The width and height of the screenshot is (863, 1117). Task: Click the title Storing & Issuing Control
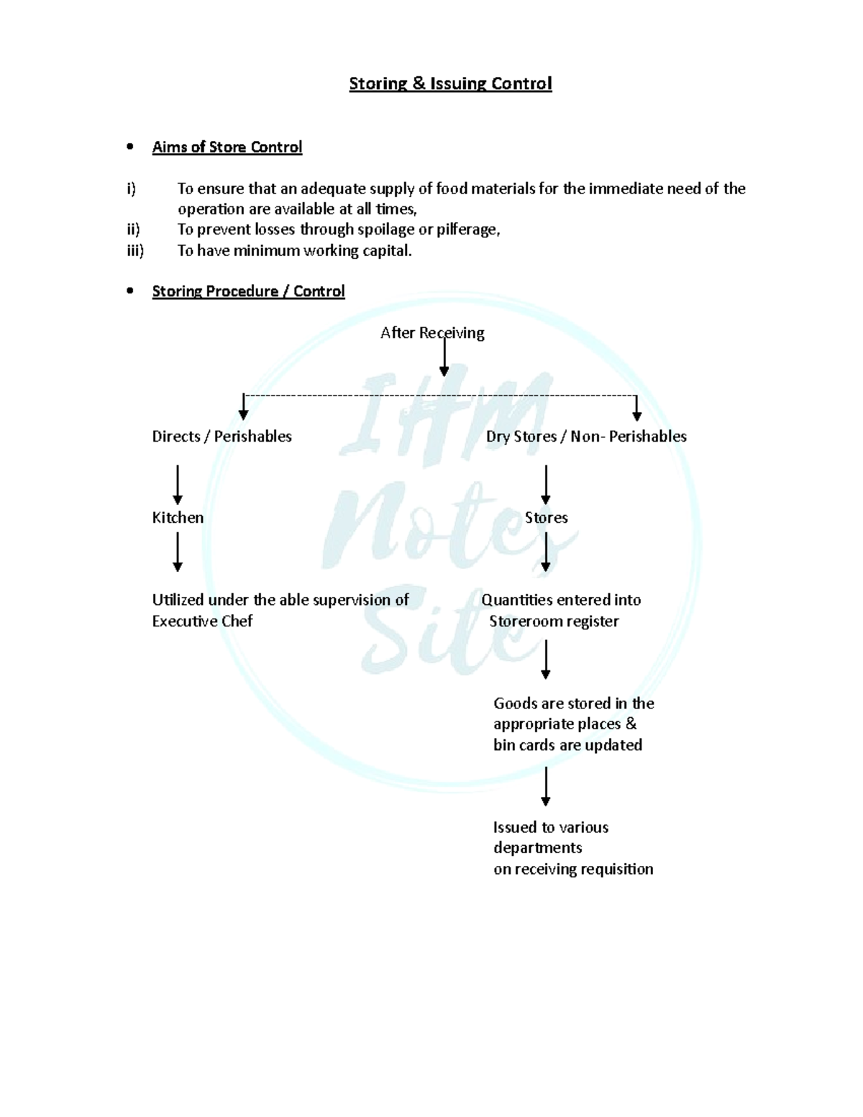pos(450,83)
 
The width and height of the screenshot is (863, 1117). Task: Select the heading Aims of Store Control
pos(227,147)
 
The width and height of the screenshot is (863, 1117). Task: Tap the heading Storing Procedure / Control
pos(248,291)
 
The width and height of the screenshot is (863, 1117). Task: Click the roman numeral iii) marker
pos(134,250)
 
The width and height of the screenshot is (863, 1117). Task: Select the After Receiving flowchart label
pos(432,333)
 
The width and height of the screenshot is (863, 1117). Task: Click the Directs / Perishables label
pos(222,437)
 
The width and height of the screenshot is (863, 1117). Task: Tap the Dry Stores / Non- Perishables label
pos(586,437)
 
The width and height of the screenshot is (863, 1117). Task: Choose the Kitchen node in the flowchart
pos(178,518)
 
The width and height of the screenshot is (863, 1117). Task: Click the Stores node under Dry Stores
pos(546,518)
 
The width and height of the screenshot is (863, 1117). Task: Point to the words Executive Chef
pos(202,621)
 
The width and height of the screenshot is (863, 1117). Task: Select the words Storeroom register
pos(554,621)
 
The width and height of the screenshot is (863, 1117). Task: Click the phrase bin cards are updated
pos(567,745)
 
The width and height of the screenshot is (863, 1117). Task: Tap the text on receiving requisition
pos(573,869)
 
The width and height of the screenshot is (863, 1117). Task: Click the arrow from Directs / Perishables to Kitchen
pos(178,484)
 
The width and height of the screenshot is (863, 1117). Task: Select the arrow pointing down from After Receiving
pos(444,357)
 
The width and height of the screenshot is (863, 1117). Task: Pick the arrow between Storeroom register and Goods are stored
pos(546,660)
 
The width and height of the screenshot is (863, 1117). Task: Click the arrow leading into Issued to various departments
pos(546,786)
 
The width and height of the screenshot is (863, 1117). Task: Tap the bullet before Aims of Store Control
pos(130,147)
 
